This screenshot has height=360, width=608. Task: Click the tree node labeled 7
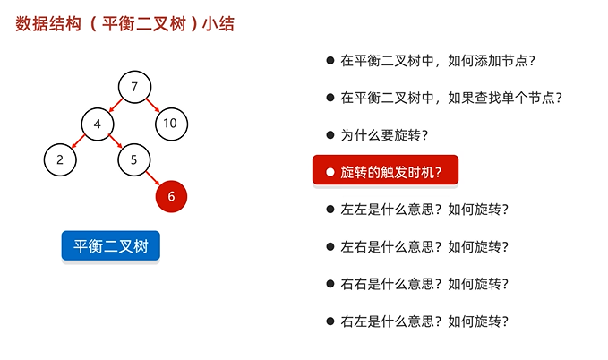(x=133, y=87)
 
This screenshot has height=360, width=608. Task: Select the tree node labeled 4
(x=97, y=124)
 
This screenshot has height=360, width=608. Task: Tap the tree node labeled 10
(x=170, y=124)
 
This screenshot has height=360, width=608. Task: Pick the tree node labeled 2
(x=60, y=160)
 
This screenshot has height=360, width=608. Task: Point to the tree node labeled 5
(x=133, y=160)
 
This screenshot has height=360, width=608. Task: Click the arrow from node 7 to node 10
(x=152, y=105)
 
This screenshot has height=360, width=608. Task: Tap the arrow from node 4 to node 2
(x=79, y=141)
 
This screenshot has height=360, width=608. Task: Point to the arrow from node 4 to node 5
(x=115, y=141)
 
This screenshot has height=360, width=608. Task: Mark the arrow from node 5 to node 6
(x=152, y=178)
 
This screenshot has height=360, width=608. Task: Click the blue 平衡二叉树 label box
(x=110, y=245)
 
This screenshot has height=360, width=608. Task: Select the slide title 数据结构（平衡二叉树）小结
(x=125, y=24)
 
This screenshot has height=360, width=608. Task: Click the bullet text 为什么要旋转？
(x=383, y=135)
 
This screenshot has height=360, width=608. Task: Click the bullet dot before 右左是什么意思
(x=330, y=321)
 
